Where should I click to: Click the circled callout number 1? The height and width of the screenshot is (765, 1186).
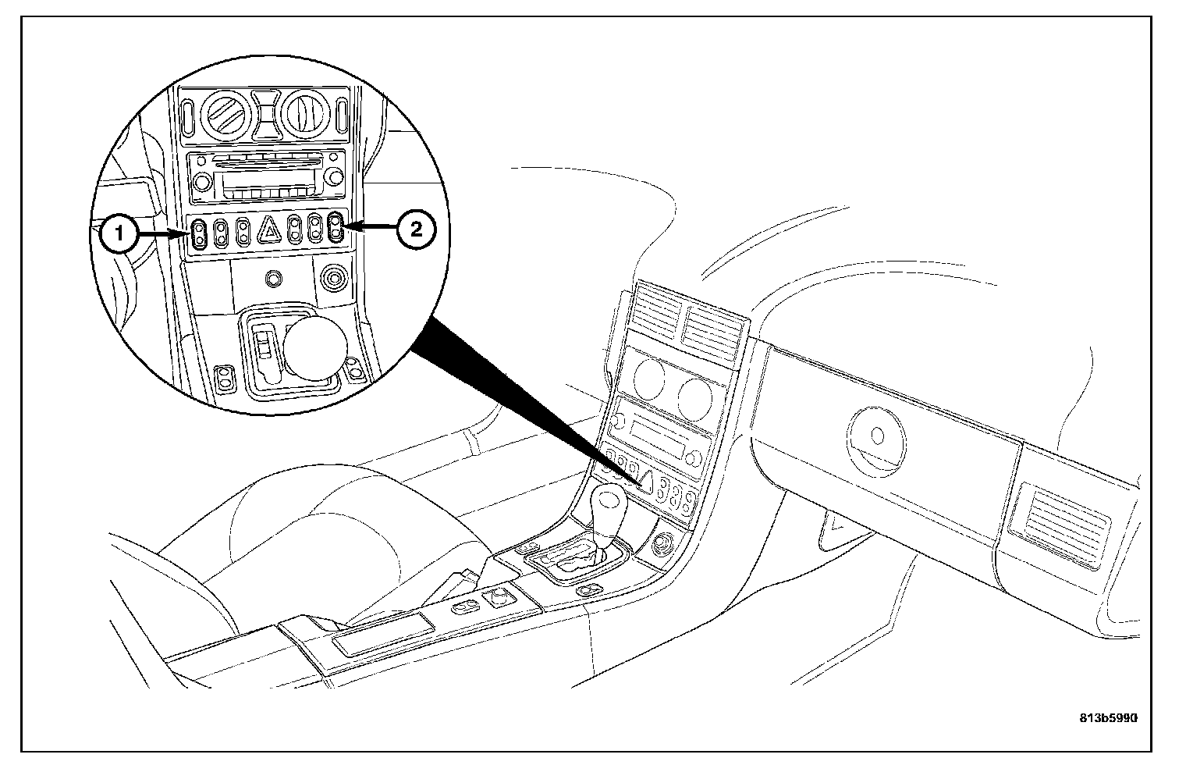click(119, 232)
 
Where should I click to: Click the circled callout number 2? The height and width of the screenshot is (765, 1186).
click(414, 229)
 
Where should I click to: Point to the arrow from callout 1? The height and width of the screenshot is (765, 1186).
click(162, 232)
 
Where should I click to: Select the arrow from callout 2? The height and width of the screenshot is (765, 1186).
click(370, 228)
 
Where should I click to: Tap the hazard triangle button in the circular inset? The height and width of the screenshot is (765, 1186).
click(269, 229)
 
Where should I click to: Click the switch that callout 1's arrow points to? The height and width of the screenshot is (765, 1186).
click(200, 233)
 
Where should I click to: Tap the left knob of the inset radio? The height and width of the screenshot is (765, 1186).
click(201, 183)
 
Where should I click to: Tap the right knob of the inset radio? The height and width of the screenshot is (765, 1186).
click(333, 179)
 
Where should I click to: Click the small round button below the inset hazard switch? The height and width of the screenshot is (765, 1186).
click(272, 277)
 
